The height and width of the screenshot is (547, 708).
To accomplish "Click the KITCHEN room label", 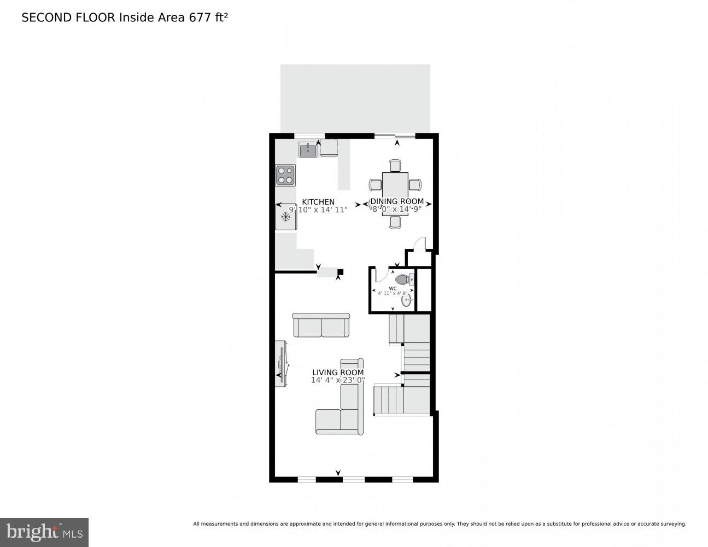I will point(318,202).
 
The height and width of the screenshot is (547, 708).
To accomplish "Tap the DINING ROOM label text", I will point(397,201).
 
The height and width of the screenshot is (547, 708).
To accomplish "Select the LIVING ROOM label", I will point(338,373).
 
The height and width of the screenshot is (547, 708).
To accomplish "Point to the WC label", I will point(393,288).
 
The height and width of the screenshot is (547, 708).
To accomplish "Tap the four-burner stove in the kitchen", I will point(285,175).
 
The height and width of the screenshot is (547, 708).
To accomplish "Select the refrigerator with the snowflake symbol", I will point(285,217).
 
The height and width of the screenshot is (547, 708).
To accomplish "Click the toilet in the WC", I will point(403,280).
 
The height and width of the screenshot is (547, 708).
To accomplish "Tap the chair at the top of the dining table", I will point(395,165).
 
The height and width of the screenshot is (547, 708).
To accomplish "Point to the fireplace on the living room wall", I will point(281,364).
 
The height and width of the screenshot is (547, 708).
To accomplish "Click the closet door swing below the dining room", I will point(419,243).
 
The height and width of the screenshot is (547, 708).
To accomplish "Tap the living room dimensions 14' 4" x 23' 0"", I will point(338,380).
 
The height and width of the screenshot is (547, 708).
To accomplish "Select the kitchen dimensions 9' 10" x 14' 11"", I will point(318,210).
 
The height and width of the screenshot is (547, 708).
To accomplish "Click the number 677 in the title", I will point(200,18).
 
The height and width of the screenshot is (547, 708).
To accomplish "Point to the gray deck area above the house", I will point(355,98).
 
